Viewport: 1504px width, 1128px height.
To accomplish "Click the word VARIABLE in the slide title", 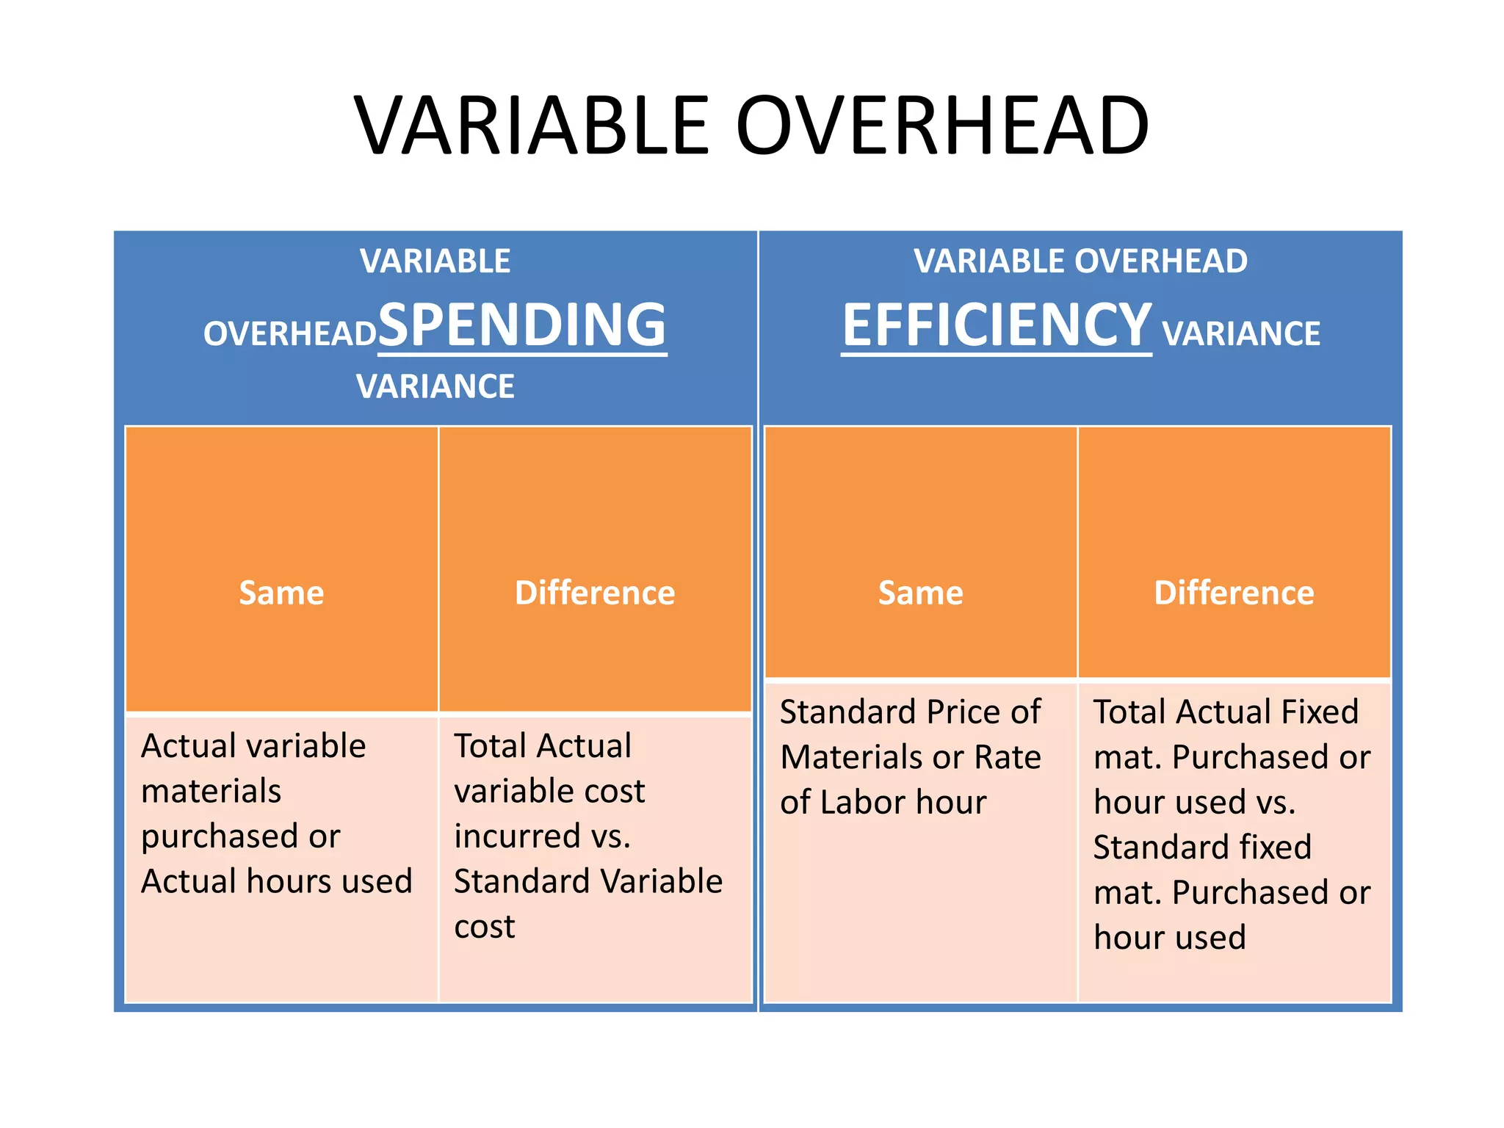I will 532,126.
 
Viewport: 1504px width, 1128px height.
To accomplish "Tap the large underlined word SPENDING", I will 522,325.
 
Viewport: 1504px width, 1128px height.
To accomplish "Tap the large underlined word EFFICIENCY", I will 996,325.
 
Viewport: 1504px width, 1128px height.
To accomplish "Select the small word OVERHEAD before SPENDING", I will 289,334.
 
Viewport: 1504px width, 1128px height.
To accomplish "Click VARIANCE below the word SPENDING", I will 435,387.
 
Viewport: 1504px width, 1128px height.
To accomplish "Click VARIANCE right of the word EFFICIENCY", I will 1241,334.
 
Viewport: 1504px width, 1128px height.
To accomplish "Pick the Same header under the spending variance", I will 281,593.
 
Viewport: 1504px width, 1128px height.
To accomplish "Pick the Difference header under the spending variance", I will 595,593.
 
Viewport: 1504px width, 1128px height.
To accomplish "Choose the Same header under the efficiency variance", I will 921,593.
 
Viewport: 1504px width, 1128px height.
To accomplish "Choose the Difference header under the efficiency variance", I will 1234,593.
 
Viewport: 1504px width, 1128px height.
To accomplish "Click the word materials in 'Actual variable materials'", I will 211,792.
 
